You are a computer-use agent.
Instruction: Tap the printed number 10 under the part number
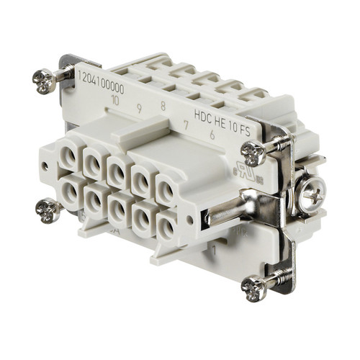(x=115, y=99)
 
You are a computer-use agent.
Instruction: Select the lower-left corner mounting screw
(x=48, y=209)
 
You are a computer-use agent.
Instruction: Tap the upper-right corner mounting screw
(x=253, y=151)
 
